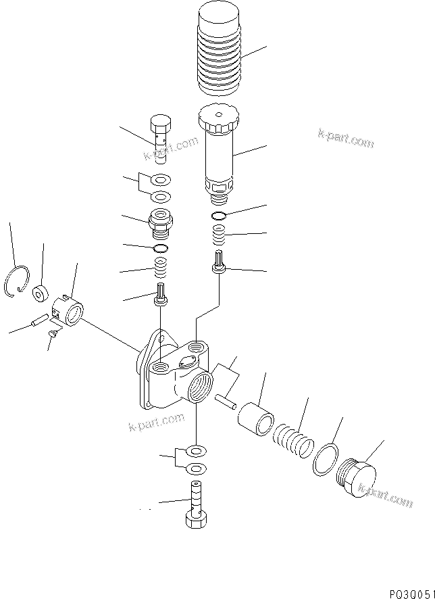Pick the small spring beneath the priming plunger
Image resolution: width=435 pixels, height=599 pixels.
coord(219,237)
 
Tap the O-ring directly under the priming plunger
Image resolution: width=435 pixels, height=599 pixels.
coord(218,216)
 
